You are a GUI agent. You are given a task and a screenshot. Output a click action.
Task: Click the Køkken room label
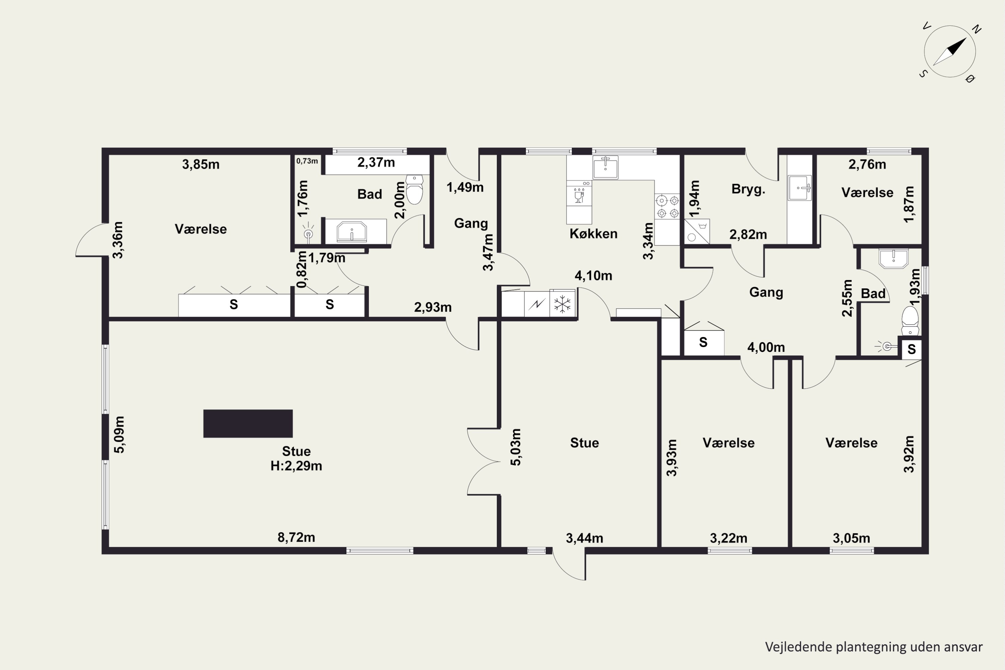pos(594,234)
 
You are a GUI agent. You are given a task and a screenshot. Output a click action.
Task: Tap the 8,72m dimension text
pos(296,537)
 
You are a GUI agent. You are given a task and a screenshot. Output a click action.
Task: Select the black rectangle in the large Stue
pos(248,423)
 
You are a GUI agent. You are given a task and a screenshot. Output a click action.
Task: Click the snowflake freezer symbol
pos(562,304)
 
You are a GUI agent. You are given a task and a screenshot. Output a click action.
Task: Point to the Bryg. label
pos(748,189)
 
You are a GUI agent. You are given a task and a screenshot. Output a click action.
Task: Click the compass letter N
pos(977,29)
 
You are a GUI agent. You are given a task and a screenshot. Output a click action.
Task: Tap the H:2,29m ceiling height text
pos(296,466)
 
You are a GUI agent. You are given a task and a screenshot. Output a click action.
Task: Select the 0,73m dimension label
pos(307,161)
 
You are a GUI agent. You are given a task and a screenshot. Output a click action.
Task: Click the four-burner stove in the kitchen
pos(667,206)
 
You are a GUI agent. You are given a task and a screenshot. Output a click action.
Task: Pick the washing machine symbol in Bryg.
pos(696,231)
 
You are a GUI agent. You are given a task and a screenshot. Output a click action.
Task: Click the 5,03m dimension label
pos(516,447)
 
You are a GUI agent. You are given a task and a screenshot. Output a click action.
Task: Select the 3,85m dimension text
pos(201,164)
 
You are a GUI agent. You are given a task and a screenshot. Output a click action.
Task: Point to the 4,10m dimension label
pos(594,276)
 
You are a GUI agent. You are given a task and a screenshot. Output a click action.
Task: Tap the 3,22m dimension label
pos(729,538)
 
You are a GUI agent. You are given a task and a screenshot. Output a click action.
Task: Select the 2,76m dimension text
pos(867,164)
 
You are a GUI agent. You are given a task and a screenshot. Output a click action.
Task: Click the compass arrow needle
pos(949,52)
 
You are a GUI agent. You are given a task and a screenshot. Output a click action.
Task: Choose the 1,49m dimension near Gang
pos(465,187)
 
